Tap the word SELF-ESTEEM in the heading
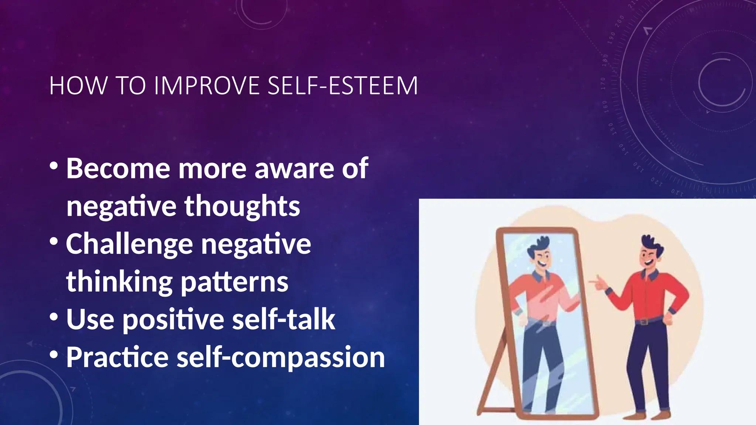coord(343,86)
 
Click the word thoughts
coord(242,207)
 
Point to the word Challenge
coord(129,245)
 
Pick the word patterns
coord(234,283)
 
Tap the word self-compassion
coord(281,358)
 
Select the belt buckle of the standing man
coord(645,322)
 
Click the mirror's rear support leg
coord(491,380)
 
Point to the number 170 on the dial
coord(603,84)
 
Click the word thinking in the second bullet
coord(119,283)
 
